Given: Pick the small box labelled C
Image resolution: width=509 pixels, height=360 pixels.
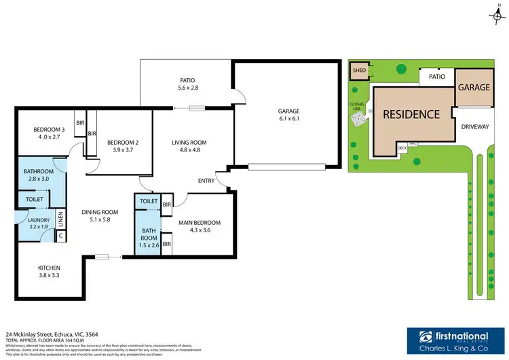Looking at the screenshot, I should [x=60, y=236].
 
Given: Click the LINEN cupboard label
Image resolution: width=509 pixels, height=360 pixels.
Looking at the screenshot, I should [x=60, y=219].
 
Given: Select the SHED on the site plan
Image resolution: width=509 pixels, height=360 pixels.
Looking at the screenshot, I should [x=358, y=70].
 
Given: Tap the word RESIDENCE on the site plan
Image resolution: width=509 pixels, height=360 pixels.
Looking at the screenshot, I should [x=411, y=113].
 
